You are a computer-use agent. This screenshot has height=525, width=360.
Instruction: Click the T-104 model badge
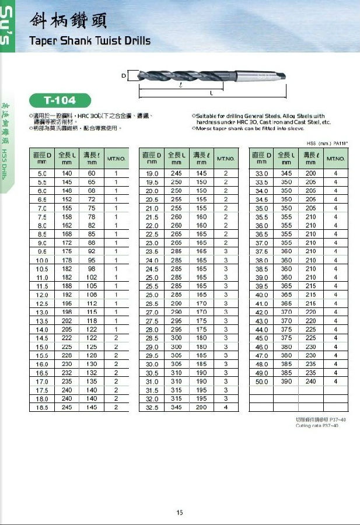pos(60,100)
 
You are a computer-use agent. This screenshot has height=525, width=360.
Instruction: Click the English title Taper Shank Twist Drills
pos(90,41)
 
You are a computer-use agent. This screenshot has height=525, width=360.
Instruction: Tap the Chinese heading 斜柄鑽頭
pos(68,21)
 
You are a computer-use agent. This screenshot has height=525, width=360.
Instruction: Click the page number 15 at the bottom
pos(180,512)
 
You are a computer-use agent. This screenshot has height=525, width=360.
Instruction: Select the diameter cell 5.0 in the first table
pos(42,174)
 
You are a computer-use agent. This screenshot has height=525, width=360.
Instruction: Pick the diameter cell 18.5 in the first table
pos(42,407)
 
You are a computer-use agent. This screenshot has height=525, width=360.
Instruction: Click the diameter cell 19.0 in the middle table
pos(152,174)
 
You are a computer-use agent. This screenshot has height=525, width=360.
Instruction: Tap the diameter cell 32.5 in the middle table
pos(152,407)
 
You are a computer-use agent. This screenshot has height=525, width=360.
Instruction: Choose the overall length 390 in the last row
pos(286,381)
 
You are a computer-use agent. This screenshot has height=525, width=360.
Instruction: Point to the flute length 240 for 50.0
pos(310,381)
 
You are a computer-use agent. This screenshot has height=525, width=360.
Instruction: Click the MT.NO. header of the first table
pos(116,158)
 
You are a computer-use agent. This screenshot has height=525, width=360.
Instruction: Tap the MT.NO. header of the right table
pos(335,158)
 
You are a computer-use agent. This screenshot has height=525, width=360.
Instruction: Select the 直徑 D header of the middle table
pos(152,158)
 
